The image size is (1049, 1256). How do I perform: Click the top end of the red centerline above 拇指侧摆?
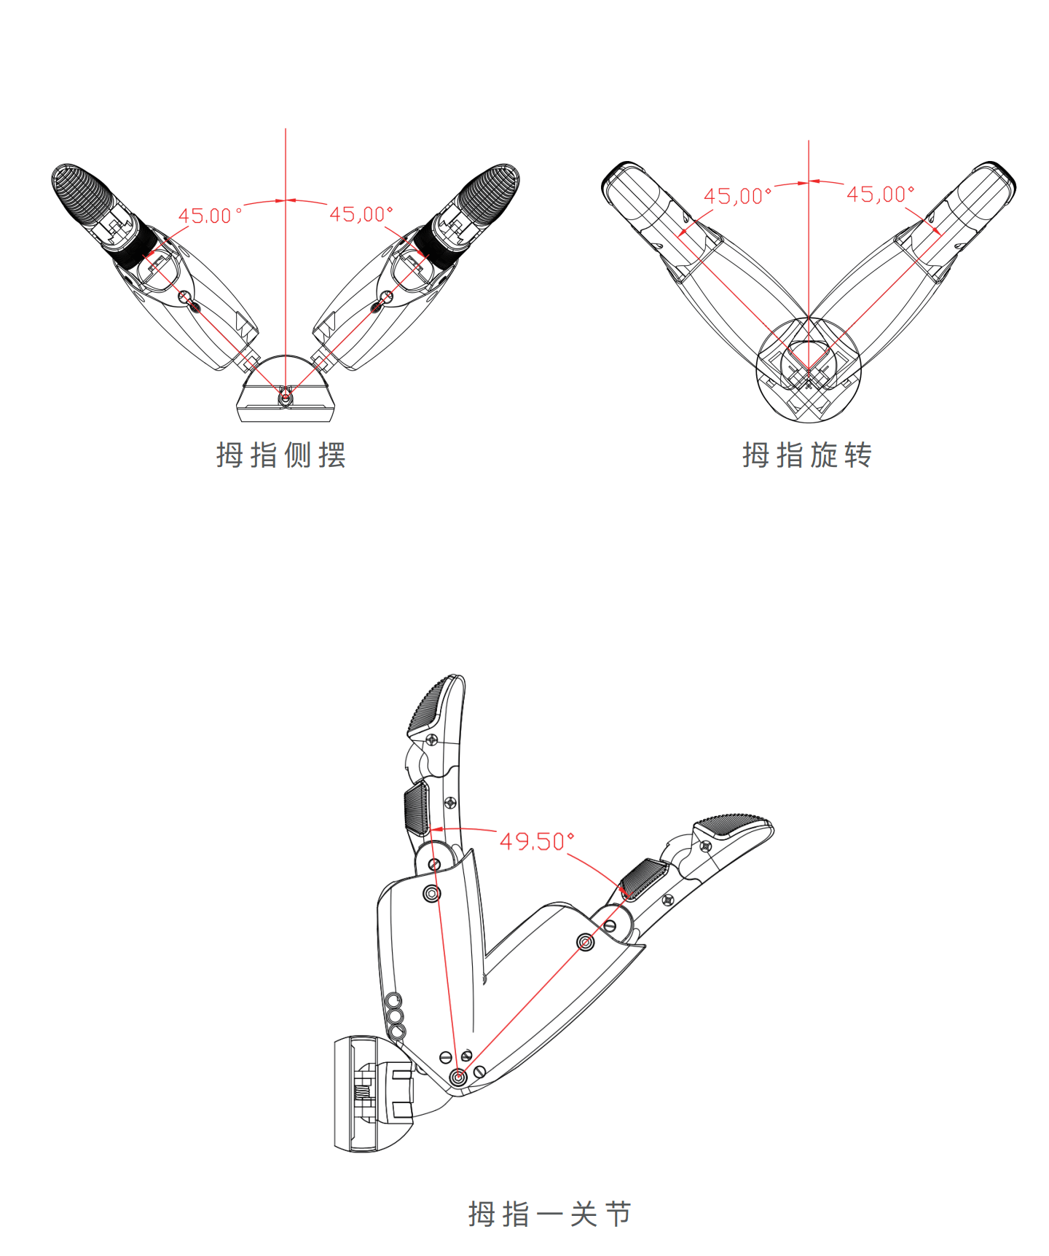click(286, 129)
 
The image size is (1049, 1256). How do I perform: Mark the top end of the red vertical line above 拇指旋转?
click(809, 141)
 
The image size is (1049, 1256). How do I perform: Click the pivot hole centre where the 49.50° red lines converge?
click(458, 1076)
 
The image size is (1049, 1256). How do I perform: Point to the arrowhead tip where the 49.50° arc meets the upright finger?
click(431, 830)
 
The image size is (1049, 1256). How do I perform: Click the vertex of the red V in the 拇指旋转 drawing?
click(809, 370)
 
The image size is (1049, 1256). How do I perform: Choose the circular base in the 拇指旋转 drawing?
click(809, 369)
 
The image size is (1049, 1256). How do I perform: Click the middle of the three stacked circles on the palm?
click(395, 1016)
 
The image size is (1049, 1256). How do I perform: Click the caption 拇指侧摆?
click(281, 455)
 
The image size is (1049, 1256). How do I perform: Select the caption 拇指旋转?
click(807, 455)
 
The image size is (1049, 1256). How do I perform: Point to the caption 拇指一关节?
click(550, 1214)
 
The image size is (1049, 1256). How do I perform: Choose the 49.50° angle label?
click(537, 841)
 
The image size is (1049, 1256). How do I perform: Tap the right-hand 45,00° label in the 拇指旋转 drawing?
click(880, 194)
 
